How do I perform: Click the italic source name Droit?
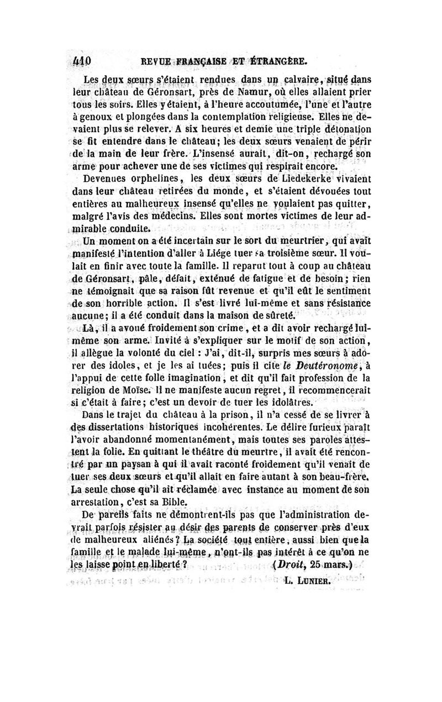coord(291,563)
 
